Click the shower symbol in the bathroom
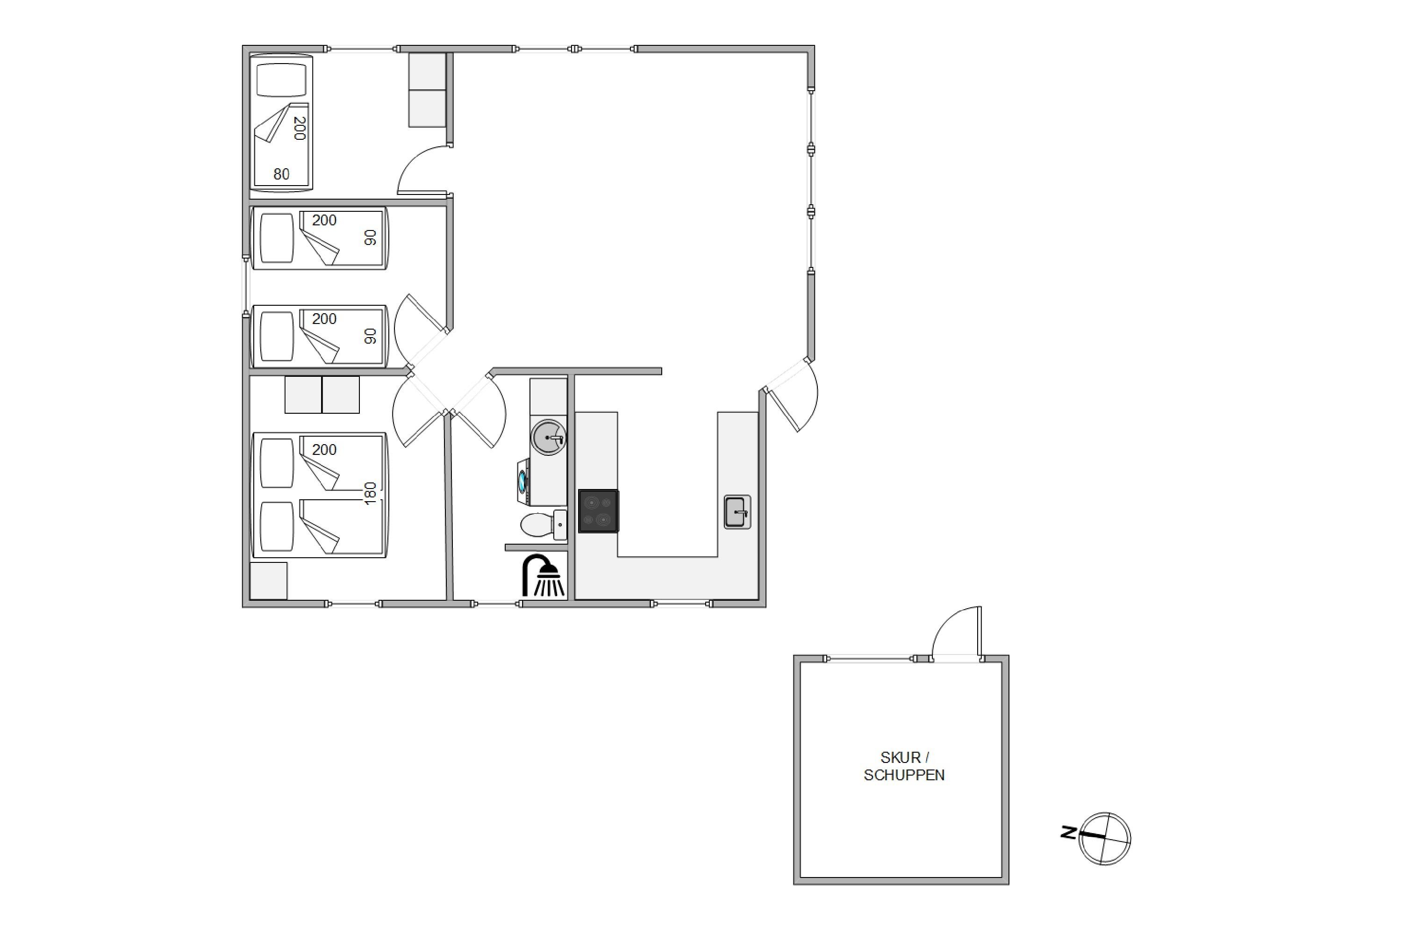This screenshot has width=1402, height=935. [543, 576]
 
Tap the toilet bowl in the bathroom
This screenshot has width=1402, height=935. [536, 525]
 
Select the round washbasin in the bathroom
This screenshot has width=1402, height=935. [548, 438]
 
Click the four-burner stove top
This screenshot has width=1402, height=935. [599, 511]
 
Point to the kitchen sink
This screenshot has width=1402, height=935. [737, 511]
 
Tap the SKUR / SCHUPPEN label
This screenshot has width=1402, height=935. [904, 766]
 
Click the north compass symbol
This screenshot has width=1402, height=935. [1105, 838]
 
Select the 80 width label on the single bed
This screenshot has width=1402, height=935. [281, 174]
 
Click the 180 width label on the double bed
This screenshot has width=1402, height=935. [370, 494]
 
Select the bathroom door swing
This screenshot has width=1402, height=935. [479, 410]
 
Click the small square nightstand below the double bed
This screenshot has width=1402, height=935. [268, 581]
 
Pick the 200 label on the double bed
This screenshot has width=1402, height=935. [324, 450]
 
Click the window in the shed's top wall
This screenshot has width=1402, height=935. [870, 659]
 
